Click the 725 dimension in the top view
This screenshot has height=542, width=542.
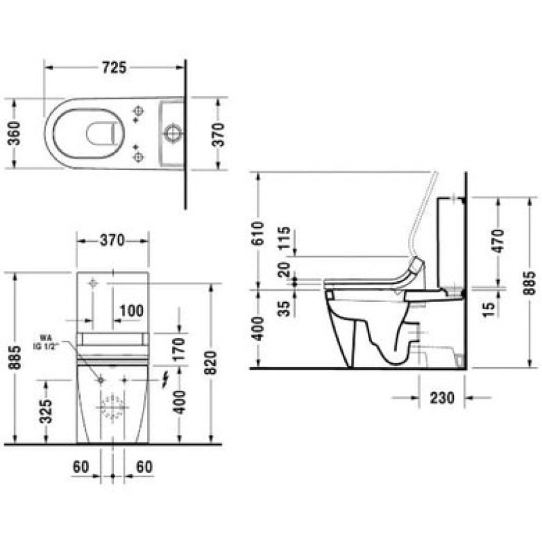coord(114,67)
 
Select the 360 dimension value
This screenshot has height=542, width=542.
coord(14,133)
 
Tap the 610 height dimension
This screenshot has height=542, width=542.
coord(258,233)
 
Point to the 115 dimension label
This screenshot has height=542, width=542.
coord(284,238)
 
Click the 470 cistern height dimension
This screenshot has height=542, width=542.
coord(499,241)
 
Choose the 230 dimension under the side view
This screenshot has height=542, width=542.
coord(442,398)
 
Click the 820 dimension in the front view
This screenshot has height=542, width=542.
coord(210,362)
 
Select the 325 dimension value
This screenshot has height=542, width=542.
coord(45,411)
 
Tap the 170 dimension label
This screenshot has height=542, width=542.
coord(179,349)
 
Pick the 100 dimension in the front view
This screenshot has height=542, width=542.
coord(131,311)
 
